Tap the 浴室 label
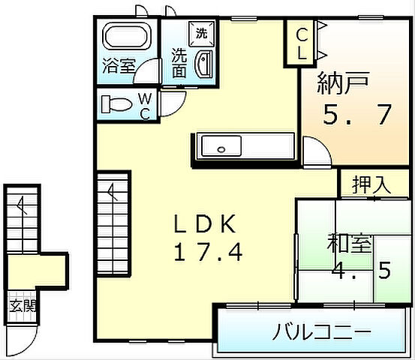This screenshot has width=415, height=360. pos(119,65)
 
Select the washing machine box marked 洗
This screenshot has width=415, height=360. pos(200,32)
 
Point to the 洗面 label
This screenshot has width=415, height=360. pos(179,63)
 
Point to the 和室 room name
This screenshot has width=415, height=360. pos(348,244)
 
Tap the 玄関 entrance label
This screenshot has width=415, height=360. pos(20,305)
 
